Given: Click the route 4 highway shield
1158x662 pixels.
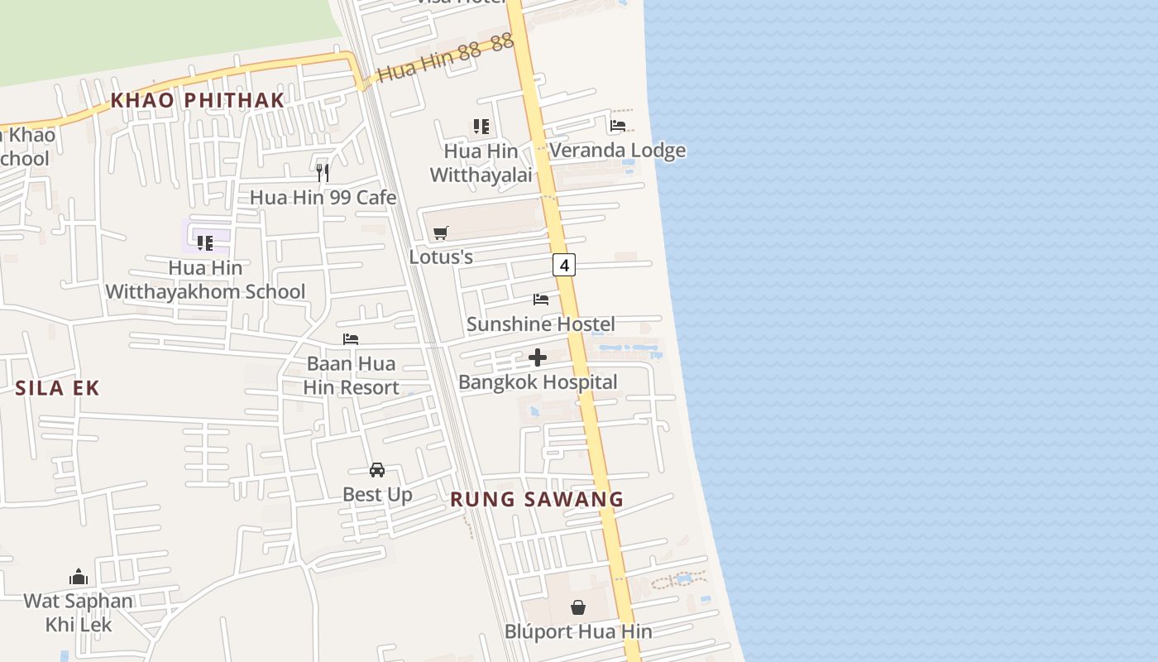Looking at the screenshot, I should tap(564, 265).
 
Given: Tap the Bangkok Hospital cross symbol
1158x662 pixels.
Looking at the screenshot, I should tap(538, 357).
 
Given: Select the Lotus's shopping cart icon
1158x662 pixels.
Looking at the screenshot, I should tap(441, 233).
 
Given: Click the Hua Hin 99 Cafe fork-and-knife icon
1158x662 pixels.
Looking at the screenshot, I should tap(323, 172).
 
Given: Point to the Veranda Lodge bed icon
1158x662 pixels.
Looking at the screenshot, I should tap(618, 126).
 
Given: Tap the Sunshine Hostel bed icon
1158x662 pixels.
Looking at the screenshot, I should tap(541, 300).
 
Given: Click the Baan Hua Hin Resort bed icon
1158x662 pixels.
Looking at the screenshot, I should tap(351, 339).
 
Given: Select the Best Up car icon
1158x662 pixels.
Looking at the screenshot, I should tap(377, 470).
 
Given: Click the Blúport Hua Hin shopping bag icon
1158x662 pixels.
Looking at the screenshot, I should tap(578, 607).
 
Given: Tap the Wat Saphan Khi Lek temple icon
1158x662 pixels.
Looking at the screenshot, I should tap(79, 577).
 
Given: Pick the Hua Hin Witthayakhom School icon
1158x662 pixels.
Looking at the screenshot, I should tap(205, 242).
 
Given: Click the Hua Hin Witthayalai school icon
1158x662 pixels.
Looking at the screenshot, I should tap(481, 127).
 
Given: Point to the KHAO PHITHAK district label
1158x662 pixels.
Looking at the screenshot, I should tap(198, 100).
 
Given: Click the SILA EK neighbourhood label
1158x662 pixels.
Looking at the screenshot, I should tap(57, 387).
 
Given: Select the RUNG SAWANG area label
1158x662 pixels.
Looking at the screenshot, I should tap(537, 499).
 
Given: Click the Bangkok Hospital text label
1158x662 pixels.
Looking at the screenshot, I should tap(538, 381).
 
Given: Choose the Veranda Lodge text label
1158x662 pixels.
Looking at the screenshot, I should tap(617, 150).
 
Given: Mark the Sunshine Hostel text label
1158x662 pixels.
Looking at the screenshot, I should tap(541, 324).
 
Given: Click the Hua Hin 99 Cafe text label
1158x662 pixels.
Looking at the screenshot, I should tap(323, 197).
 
